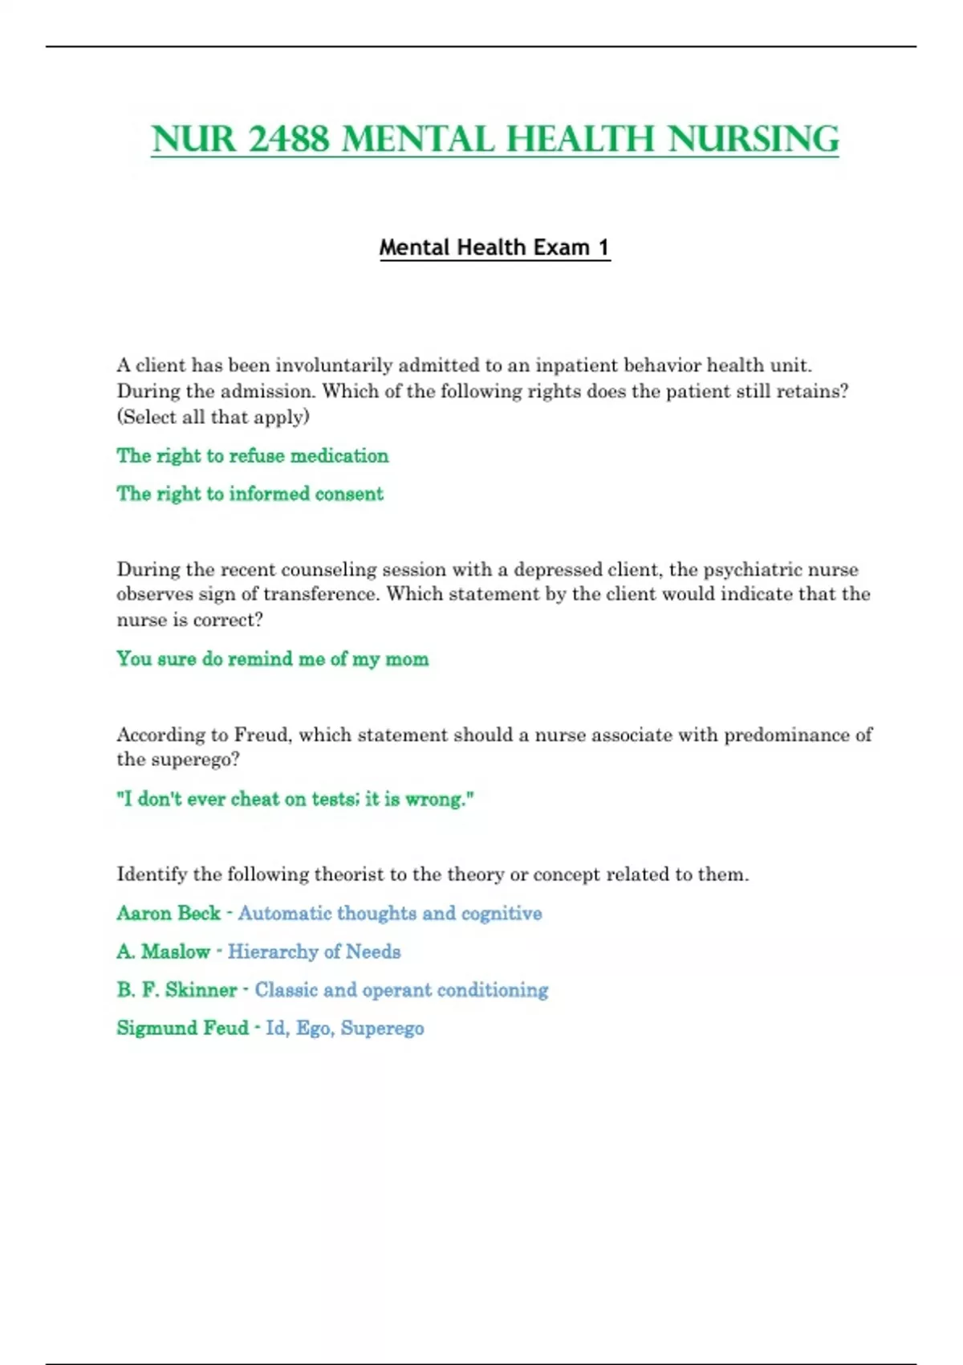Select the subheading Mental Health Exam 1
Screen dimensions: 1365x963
494,247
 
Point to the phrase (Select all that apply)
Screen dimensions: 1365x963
213,417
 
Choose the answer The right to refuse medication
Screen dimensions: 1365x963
252,456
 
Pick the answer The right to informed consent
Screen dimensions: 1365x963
250,494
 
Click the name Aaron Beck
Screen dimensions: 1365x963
168,913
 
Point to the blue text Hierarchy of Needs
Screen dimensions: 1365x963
314,951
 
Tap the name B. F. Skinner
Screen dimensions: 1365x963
177,990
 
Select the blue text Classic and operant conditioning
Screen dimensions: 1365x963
401,990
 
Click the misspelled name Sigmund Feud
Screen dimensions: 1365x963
182,1029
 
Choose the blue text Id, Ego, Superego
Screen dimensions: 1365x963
344,1029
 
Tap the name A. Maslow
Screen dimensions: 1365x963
163,951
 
